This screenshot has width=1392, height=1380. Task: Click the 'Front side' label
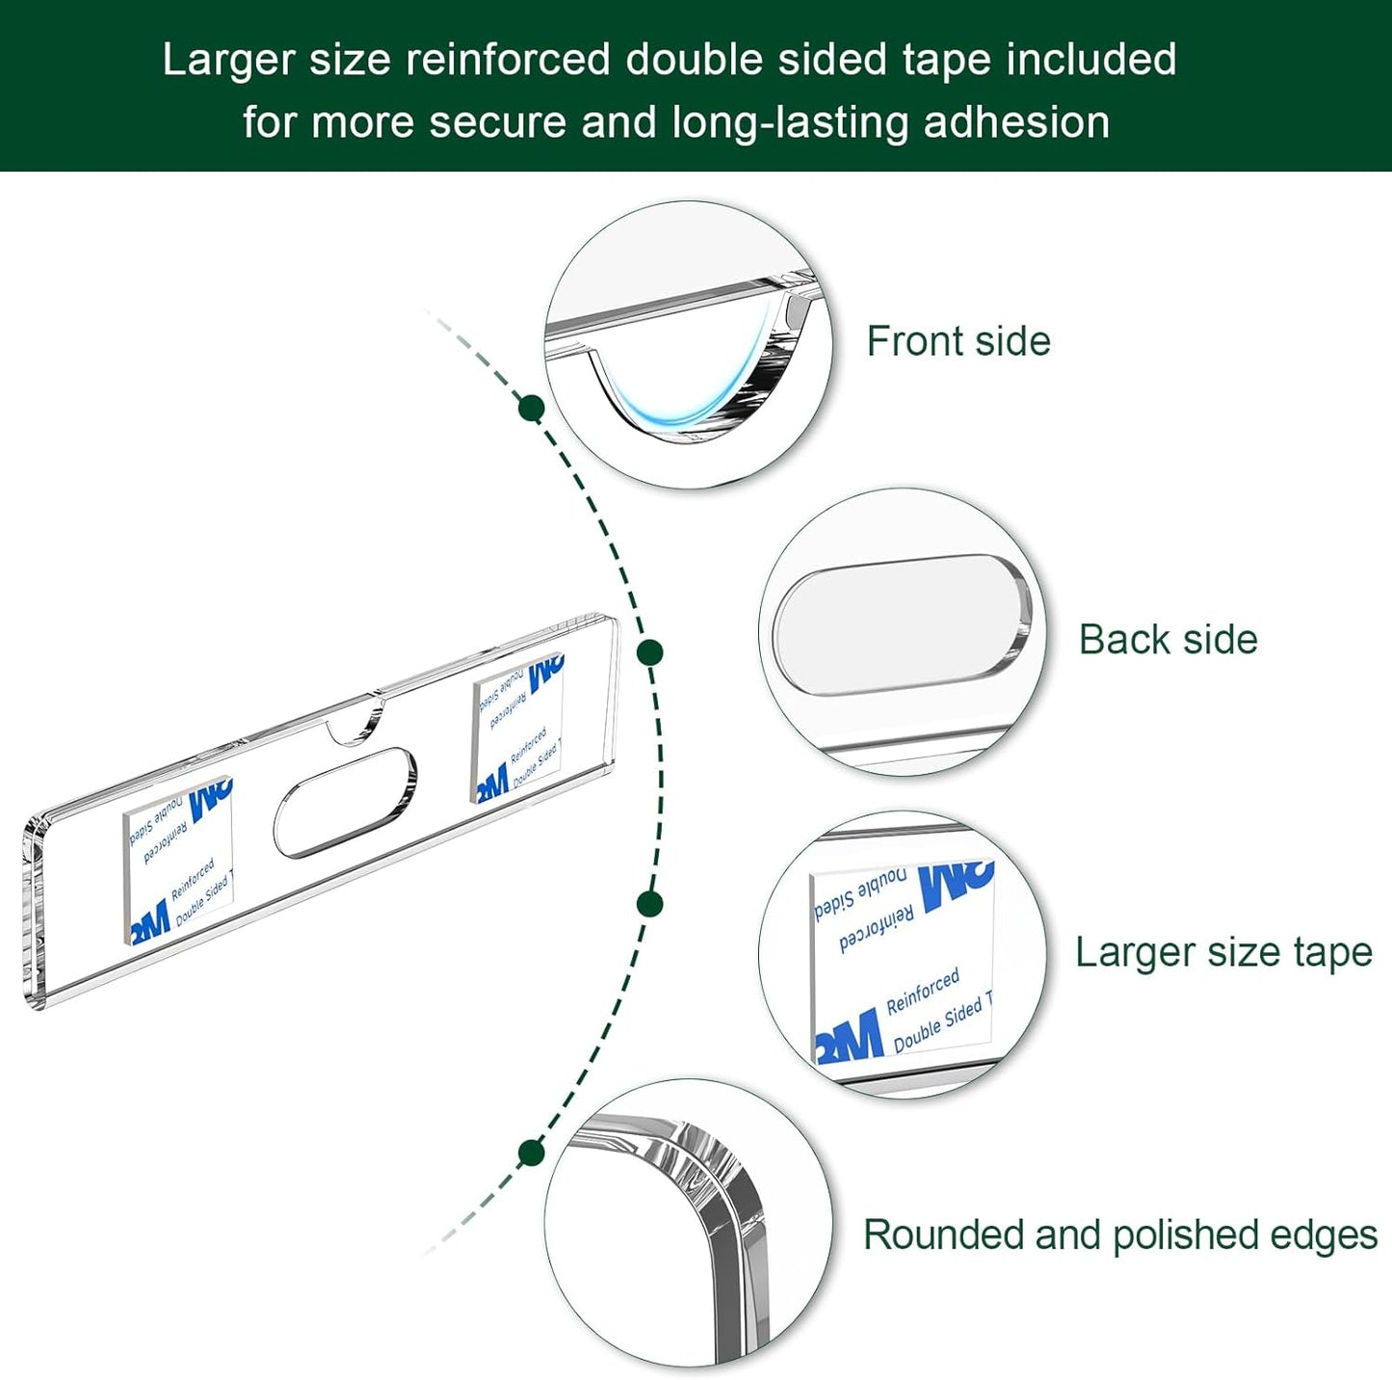click(958, 341)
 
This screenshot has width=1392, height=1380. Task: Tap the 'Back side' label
click(1168, 640)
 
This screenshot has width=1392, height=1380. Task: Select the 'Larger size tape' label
click(1223, 952)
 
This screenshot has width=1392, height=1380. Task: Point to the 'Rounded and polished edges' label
click(1119, 1235)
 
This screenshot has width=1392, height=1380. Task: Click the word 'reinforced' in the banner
click(508, 60)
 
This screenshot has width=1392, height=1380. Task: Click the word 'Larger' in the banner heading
click(227, 60)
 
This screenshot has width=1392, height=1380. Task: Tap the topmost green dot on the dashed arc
click(531, 408)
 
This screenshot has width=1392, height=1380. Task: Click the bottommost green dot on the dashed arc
click(531, 1152)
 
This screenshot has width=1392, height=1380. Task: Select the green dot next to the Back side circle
click(650, 652)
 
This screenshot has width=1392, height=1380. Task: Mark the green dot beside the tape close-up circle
click(650, 904)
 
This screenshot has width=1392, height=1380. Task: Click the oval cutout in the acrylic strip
click(345, 801)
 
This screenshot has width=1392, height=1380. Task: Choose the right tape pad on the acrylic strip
click(518, 729)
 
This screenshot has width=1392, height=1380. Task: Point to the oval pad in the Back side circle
click(902, 624)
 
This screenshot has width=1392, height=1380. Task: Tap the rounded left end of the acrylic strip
click(35, 911)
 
